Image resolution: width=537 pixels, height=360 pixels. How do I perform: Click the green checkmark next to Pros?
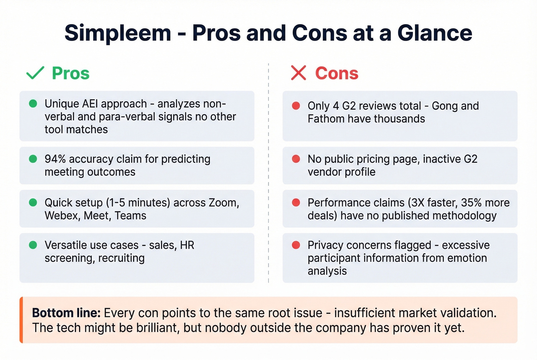pos(35,73)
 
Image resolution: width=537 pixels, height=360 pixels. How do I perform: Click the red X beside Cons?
pos(298,73)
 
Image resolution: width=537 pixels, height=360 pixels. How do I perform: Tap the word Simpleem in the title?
pos(118,33)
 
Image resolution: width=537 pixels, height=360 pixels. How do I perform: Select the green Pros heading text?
pos(71,73)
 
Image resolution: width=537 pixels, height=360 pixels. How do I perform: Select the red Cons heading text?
pos(336,73)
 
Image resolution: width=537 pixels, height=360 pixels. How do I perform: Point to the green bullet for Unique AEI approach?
pos(33,104)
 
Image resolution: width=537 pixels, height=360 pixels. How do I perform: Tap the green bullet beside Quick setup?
pos(33,202)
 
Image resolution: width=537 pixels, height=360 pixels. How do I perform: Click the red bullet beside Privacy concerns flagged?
pos(296,245)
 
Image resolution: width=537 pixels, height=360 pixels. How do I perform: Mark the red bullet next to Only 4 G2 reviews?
pos(296,106)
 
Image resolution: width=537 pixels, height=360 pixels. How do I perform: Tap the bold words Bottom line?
pos(66,313)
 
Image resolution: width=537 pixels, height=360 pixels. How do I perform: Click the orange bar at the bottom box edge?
pos(21,320)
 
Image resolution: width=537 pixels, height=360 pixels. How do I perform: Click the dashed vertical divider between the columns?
pos(268,173)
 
